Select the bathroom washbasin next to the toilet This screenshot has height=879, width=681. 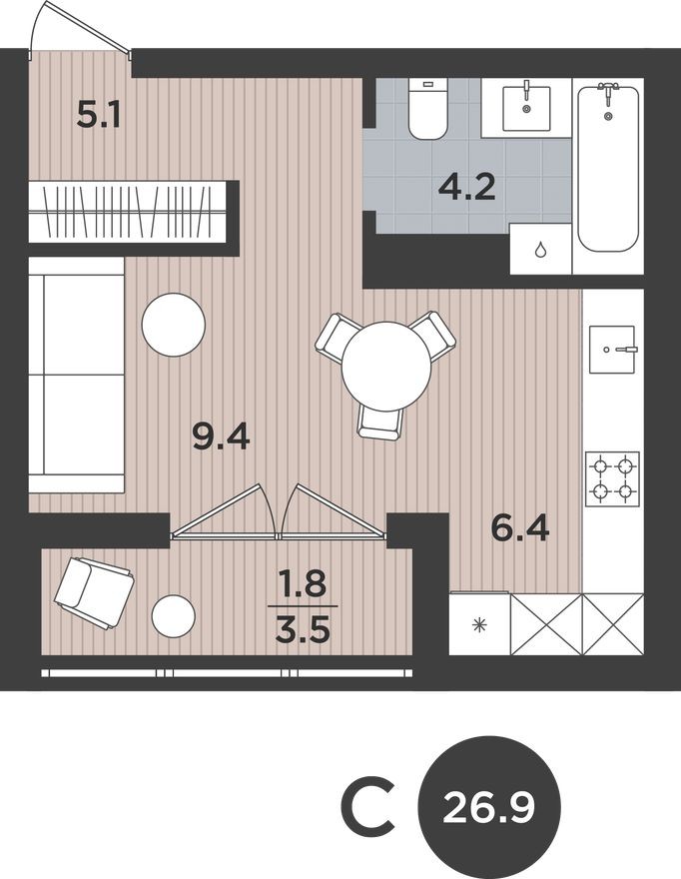pos(525,107)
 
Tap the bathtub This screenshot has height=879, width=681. pos(607,167)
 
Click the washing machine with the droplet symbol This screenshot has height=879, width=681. pos(540,249)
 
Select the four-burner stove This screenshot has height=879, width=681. pos(612,478)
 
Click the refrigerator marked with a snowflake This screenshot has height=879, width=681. pos(479,624)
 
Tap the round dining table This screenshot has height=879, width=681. pos(386,365)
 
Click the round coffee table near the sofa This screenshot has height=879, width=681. pos(174,325)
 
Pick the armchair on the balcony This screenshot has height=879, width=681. pos(93,592)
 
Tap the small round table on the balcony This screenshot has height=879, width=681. pos(174,616)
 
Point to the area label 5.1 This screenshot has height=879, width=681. pos(100,116)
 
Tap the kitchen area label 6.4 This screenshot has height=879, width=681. pos(520,526)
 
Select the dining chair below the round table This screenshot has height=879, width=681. pos(381,421)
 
